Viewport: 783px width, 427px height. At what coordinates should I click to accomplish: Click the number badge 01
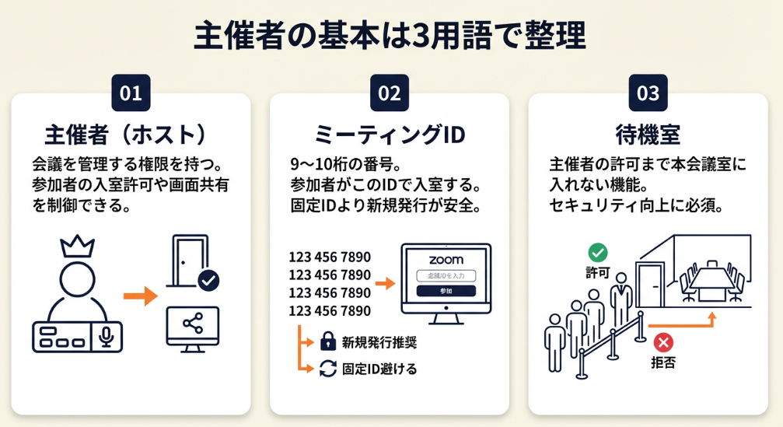coord(131,93)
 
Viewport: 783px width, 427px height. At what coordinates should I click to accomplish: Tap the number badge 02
coord(389,93)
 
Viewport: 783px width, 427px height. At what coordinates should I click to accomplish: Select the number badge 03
coord(648,93)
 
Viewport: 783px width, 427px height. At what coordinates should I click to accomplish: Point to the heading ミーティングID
coord(389,134)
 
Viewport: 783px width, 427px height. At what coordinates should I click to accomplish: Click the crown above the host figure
coord(78,247)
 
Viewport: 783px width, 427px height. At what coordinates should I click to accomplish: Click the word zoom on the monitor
coord(446,260)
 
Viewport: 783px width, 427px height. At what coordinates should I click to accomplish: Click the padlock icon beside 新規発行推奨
coord(327,341)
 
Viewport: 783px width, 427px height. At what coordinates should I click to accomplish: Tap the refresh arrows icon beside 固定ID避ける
coord(327,369)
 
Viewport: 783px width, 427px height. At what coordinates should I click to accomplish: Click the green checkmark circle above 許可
coord(598,252)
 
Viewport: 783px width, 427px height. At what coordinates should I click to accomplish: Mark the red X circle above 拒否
coord(663,341)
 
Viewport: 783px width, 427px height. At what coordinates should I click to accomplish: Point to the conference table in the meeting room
coord(713,282)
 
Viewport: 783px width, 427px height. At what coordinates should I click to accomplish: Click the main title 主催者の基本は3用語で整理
coord(390,36)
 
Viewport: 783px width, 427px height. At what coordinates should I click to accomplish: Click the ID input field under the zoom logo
coord(446,276)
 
